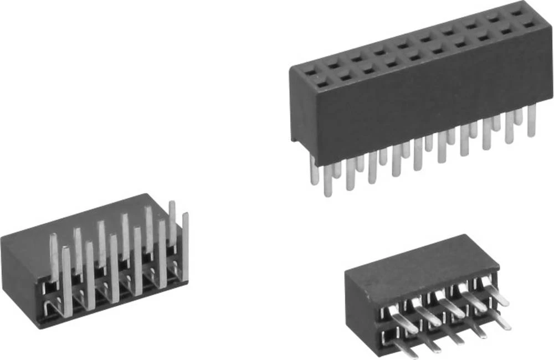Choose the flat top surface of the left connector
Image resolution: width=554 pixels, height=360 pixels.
(83, 222)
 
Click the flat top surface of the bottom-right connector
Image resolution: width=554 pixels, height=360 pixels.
(416, 260)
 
